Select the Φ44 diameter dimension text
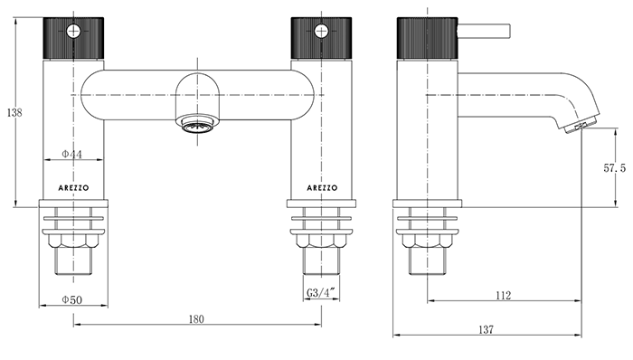(x=72, y=155)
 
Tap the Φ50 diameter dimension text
(x=72, y=299)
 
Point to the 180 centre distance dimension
(x=197, y=318)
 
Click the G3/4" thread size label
(x=321, y=293)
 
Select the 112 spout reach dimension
(x=504, y=295)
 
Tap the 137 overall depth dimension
(x=487, y=329)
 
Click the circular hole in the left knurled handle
(x=74, y=32)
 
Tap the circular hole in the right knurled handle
(x=320, y=32)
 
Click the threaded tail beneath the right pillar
(x=323, y=261)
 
